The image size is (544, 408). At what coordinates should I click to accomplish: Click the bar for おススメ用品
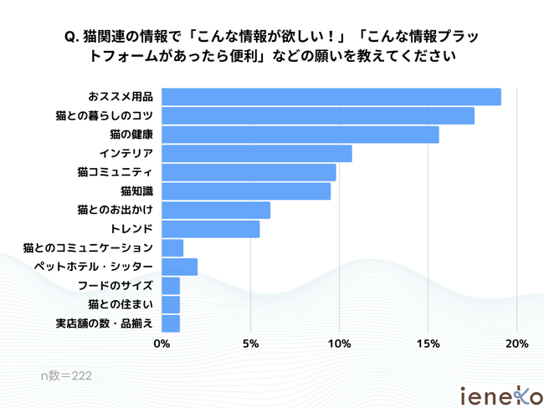click(x=331, y=97)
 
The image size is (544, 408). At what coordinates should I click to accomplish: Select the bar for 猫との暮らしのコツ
click(x=317, y=115)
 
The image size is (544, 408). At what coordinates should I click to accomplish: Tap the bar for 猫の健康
click(x=300, y=135)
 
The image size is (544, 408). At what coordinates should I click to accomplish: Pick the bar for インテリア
click(x=256, y=154)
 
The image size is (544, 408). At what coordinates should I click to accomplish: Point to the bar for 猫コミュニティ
click(x=249, y=172)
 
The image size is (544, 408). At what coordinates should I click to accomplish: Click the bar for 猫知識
click(x=245, y=191)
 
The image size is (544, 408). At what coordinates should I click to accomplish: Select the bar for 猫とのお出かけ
click(x=215, y=210)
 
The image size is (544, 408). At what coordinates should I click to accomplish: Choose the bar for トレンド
click(x=210, y=229)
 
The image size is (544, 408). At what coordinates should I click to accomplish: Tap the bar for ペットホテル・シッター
click(x=179, y=267)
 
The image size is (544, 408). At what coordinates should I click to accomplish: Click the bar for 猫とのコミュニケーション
click(x=172, y=247)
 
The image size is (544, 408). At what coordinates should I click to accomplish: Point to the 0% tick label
click(x=162, y=343)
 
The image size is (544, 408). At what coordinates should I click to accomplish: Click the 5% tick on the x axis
click(x=250, y=343)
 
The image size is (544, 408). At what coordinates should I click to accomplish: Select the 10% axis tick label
click(x=339, y=343)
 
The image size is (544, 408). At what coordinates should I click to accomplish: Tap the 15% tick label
click(x=428, y=343)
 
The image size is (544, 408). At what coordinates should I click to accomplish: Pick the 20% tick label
click(x=516, y=343)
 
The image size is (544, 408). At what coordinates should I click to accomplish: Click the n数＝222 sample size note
click(x=66, y=376)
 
